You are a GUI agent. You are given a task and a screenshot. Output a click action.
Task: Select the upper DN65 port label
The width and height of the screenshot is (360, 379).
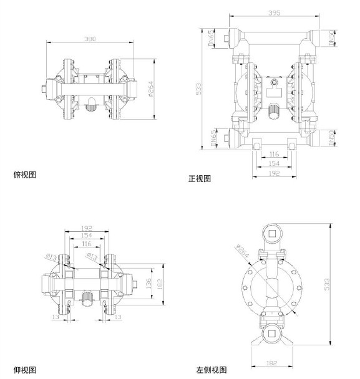coord(212,39)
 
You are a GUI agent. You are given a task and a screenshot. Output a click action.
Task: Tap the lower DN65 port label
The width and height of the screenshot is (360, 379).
coord(212,138)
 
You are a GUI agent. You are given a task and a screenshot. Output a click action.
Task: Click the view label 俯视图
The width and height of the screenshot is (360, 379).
coord(25,175)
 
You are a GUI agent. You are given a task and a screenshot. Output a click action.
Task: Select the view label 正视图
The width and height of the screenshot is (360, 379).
coord(200,179)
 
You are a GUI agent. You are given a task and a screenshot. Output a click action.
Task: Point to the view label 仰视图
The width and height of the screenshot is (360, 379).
coord(25,370)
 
